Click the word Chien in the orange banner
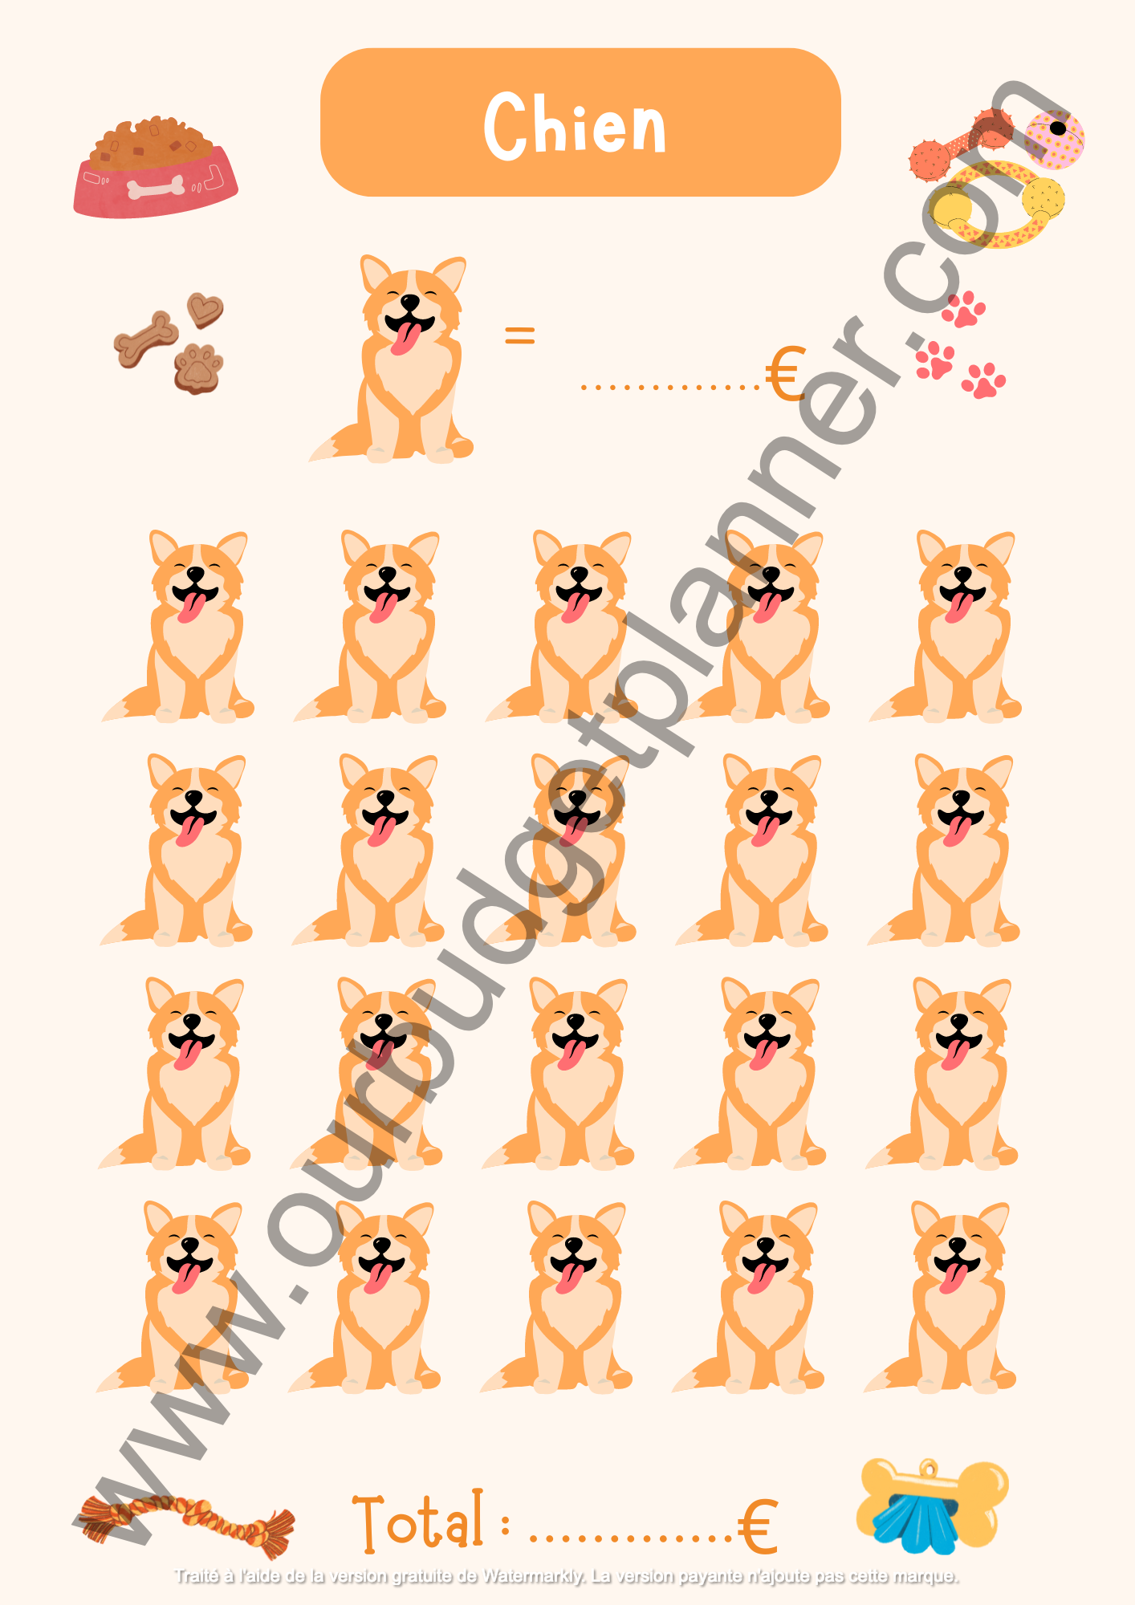coord(575,124)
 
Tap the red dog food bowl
coord(156,169)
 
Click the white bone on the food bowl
coord(156,189)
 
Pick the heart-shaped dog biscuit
coord(205,309)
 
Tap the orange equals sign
coord(519,335)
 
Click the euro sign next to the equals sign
coord(784,374)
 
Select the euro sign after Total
coord(757,1526)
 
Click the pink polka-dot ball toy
coord(1054,139)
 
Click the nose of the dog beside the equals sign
coord(410,302)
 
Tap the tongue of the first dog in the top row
coord(191,607)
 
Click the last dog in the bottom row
coord(941,1296)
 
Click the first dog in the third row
coord(174,1072)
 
